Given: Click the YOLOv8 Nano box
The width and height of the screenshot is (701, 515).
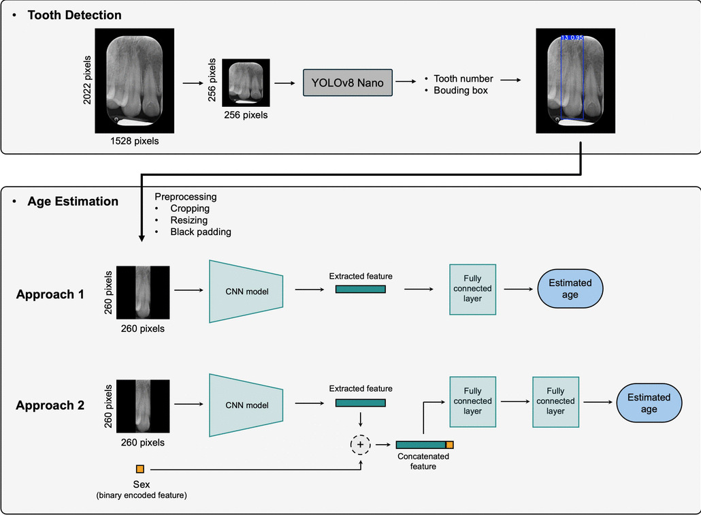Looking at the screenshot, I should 347,82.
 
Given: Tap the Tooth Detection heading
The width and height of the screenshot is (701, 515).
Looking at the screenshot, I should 74,15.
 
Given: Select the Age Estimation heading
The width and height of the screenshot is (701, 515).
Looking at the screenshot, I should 72,201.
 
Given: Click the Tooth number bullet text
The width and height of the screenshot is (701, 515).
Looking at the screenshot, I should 463,78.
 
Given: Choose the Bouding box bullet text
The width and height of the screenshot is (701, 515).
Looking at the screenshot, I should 460,90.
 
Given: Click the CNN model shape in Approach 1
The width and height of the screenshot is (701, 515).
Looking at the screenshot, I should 247,292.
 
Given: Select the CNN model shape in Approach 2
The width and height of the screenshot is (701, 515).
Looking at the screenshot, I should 247,405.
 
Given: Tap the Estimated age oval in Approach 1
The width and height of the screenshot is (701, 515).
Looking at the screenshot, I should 570,288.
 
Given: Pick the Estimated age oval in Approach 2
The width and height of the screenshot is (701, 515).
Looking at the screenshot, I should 649,403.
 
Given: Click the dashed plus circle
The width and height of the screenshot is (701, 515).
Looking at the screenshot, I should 360,445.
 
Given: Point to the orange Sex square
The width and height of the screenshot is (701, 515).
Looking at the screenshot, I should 140,469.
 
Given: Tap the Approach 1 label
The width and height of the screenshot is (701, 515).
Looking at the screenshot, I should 50,294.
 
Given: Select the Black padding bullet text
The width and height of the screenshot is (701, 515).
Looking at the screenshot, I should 200,232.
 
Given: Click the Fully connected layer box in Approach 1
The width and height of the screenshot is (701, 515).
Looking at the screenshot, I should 472,289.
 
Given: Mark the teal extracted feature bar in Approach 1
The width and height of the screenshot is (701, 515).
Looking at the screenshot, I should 361,289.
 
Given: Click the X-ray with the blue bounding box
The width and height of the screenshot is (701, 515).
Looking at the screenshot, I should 575,80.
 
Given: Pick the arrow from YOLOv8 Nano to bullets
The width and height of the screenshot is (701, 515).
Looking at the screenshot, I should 407,82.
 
